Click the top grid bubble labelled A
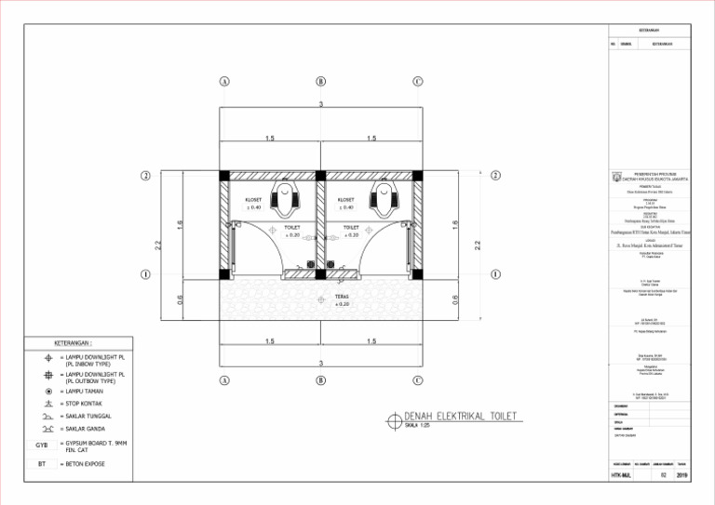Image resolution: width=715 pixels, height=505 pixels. tap(224, 81)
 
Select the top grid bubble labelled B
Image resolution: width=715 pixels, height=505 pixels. tap(320, 81)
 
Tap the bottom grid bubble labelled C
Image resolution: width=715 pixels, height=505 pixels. tap(418, 380)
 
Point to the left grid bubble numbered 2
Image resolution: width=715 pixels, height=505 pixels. tap(146, 176)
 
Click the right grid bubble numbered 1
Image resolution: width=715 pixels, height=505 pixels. tap(495, 274)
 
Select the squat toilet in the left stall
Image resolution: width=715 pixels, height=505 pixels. tap(284, 200)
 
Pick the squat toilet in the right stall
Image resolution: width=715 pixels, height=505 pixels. tap(381, 200)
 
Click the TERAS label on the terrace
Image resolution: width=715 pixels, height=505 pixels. tap(343, 298)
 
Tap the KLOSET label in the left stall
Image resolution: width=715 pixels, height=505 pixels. tap(253, 199)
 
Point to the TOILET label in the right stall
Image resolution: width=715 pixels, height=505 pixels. tap(351, 227)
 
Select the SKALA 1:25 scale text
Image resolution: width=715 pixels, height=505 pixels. tap(419, 426)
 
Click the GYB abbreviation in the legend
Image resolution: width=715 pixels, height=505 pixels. tap(42, 445)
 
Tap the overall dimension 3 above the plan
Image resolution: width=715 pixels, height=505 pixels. tap(320, 103)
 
